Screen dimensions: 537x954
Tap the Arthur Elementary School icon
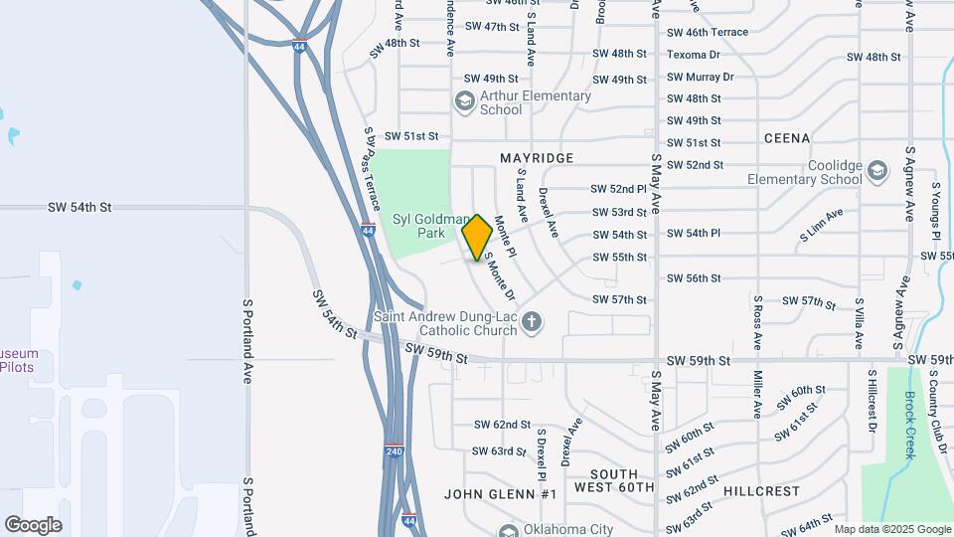(x=464, y=100)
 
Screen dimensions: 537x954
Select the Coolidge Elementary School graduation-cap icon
(x=876, y=171)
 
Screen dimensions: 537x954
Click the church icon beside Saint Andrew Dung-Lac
(x=533, y=321)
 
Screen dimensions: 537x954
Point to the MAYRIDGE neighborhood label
(x=537, y=158)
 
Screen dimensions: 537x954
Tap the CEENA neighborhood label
(x=787, y=138)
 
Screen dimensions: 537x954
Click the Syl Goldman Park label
(x=430, y=226)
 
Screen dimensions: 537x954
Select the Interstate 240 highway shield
(x=394, y=449)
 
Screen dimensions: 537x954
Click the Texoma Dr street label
(x=694, y=54)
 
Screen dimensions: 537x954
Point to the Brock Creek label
(x=909, y=425)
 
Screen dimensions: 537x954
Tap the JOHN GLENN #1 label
(x=501, y=494)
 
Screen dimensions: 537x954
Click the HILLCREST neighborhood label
(x=762, y=491)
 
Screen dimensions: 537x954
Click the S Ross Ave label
(x=757, y=322)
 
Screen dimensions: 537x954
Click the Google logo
(x=34, y=524)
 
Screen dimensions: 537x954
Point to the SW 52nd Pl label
(x=619, y=188)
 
